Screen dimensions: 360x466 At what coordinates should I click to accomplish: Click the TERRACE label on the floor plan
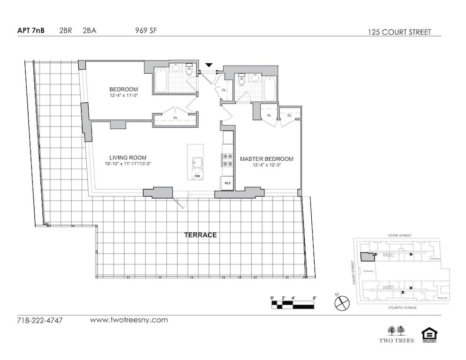point(200,235)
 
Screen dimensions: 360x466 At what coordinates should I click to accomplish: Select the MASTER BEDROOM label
point(266,159)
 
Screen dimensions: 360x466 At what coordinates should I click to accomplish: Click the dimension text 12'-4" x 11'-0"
point(124,96)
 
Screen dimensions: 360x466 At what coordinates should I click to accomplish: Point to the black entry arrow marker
point(209,66)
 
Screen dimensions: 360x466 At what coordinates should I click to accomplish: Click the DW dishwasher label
point(197,175)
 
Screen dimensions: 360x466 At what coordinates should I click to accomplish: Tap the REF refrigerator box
point(228,183)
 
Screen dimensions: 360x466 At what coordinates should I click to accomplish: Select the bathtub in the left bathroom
point(161,81)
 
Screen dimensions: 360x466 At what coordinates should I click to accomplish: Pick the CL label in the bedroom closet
point(175,118)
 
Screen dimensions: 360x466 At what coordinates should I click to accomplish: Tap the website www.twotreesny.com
point(128,320)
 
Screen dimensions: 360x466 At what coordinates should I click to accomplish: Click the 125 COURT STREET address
point(399,32)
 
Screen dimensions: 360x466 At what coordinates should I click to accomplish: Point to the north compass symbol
point(342,302)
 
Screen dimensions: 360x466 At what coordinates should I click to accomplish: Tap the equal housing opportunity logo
point(429,335)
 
